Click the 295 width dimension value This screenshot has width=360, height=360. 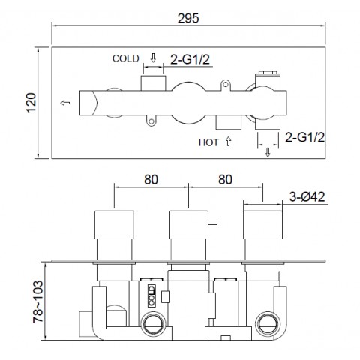(x=188, y=18)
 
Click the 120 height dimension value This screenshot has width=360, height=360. (x=31, y=103)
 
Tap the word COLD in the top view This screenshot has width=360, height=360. (x=125, y=58)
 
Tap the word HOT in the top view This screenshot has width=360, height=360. (x=208, y=142)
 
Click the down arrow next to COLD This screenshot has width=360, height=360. (x=153, y=58)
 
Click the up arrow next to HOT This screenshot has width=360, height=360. (x=228, y=142)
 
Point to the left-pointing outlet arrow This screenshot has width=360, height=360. (x=65, y=103)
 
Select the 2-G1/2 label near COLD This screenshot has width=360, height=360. (x=190, y=59)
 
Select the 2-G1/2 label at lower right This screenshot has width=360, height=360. (x=304, y=137)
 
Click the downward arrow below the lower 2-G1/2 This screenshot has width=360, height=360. (x=268, y=152)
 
